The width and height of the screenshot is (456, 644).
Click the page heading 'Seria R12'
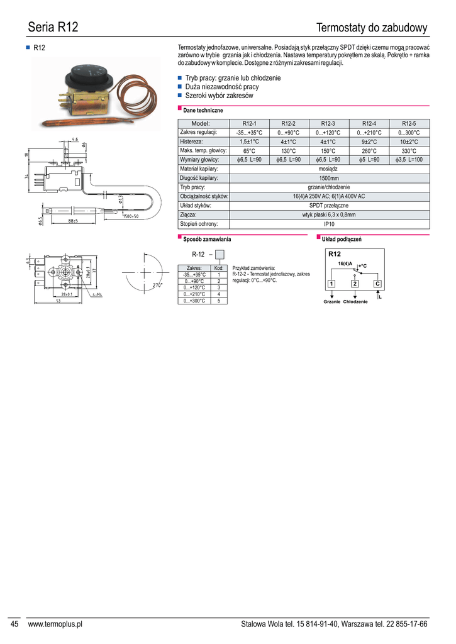tap(53, 28)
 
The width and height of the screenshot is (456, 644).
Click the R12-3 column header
tap(328, 123)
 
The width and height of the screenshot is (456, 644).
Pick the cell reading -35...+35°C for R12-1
tap(249, 133)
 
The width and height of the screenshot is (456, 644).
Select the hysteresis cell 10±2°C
tap(409, 142)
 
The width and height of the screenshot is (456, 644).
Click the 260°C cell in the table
tap(369, 151)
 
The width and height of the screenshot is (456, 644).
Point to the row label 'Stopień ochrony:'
tap(199, 224)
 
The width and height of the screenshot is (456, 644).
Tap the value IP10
tap(329, 224)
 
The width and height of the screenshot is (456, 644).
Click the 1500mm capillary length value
tap(329, 179)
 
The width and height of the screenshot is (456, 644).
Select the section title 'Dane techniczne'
tap(204, 111)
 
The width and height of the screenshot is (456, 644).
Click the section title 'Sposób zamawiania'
tap(207, 239)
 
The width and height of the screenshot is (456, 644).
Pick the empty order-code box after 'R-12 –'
tap(220, 255)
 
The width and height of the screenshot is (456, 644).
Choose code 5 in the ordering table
tap(219, 301)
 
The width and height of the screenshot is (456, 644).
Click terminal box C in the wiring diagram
tap(377, 284)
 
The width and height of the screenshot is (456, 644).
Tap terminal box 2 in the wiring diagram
tap(355, 284)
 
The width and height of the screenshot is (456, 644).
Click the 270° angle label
tap(158, 286)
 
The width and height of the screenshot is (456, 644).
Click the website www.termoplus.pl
tap(55, 624)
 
